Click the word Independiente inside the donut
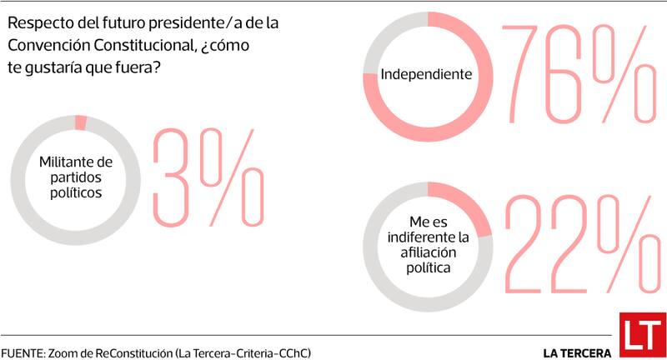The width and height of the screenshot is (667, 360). coord(427,74)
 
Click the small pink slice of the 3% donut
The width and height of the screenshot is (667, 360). coord(80,122)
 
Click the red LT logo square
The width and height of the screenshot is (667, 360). coord(641,336)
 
